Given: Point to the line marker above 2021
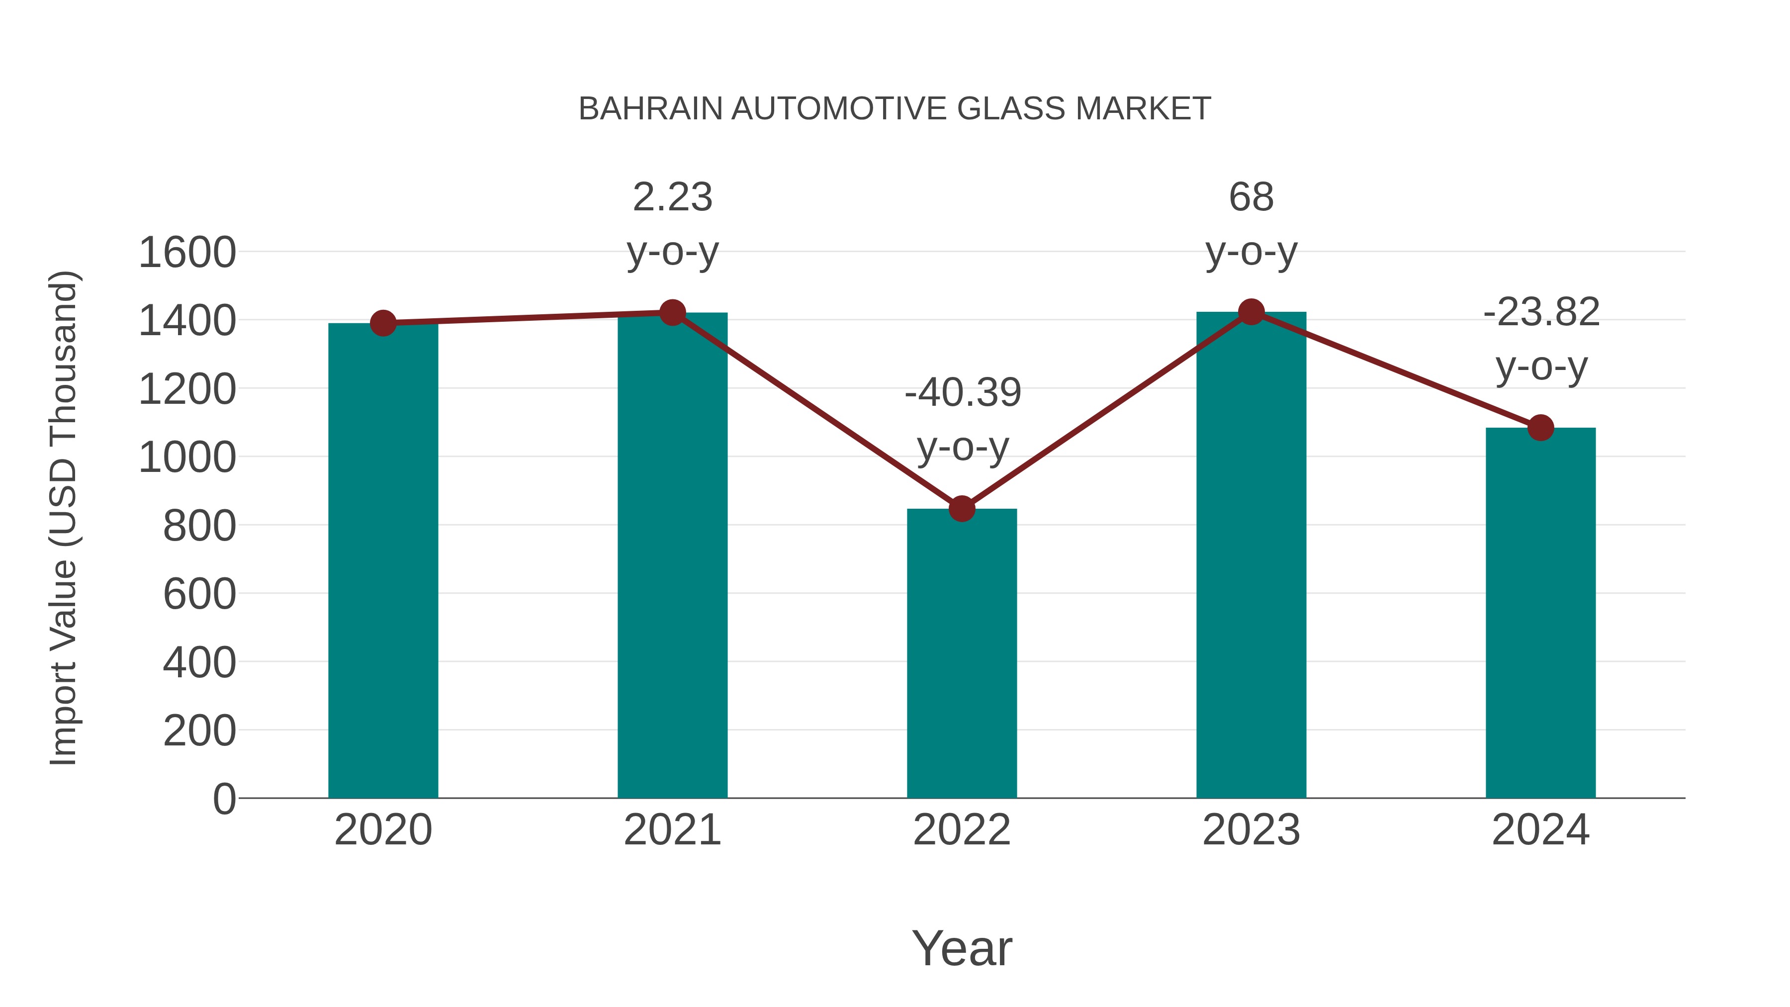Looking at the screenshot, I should (672, 313).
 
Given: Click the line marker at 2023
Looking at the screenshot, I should (1251, 312).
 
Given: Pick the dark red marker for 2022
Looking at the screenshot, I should (962, 509).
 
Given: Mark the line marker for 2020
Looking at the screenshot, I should (383, 323).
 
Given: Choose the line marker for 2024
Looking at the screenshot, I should (1540, 427).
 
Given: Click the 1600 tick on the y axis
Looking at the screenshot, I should (187, 252).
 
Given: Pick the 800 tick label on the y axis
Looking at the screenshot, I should (199, 526).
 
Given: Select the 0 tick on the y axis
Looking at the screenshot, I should (224, 799).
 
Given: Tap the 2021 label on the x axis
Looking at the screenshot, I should (672, 830).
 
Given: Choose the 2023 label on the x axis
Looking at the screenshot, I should (1251, 830).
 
